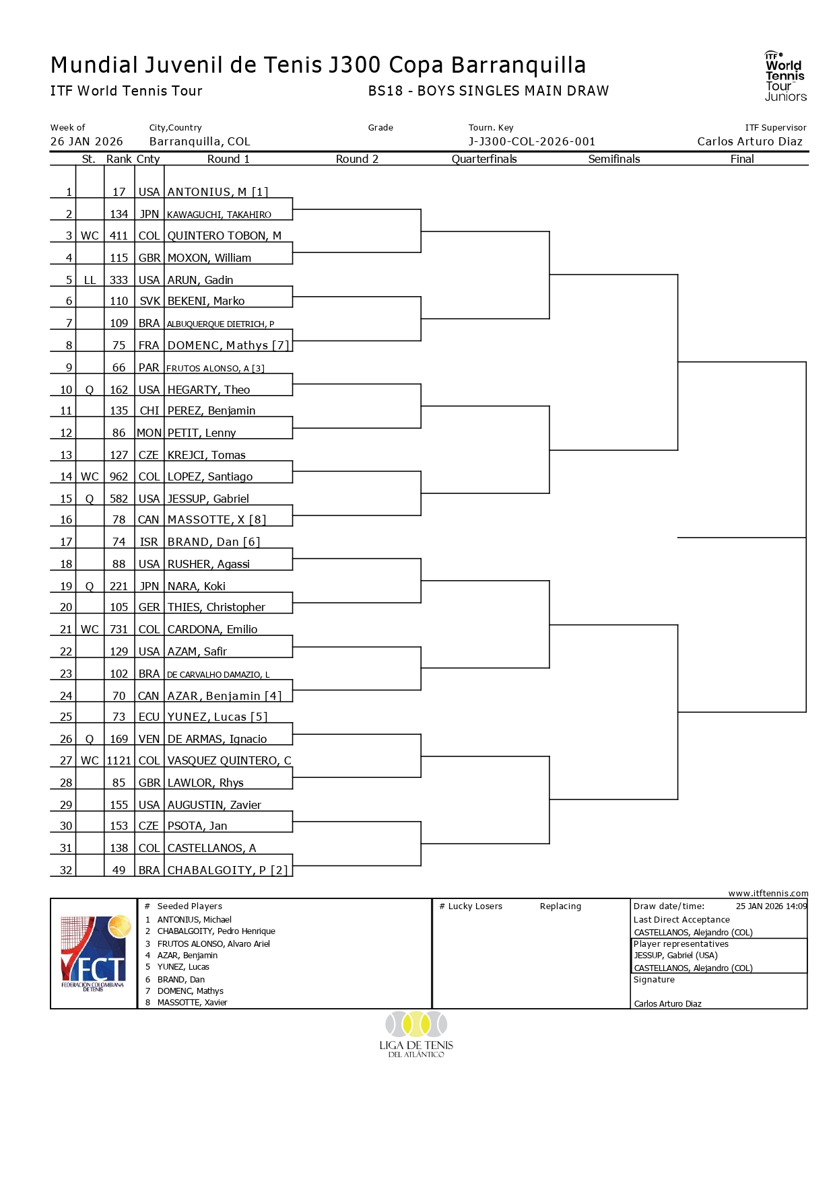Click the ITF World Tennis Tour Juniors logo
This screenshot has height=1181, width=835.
click(784, 77)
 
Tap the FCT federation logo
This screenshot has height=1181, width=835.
click(94, 954)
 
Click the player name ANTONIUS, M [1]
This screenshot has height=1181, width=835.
click(218, 192)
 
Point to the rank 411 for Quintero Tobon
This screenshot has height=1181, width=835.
click(119, 236)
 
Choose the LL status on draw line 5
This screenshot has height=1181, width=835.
click(90, 281)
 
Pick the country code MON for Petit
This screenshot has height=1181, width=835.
click(149, 433)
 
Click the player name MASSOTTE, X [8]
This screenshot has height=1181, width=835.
click(217, 520)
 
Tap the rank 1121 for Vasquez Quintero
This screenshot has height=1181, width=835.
click(119, 761)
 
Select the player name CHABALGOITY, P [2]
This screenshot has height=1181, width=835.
click(228, 871)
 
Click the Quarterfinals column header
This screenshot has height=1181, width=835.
click(484, 159)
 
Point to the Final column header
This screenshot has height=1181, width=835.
click(742, 159)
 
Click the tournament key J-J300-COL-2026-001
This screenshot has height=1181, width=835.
click(532, 142)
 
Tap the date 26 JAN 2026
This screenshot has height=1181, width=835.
click(87, 142)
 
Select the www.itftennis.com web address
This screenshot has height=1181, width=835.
click(768, 894)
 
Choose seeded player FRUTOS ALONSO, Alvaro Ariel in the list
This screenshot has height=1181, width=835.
click(213, 944)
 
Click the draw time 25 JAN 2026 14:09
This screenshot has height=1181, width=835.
click(771, 906)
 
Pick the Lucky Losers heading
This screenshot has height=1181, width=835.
click(475, 906)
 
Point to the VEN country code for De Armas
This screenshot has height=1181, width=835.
click(149, 740)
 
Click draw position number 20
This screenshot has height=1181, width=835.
click(66, 608)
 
